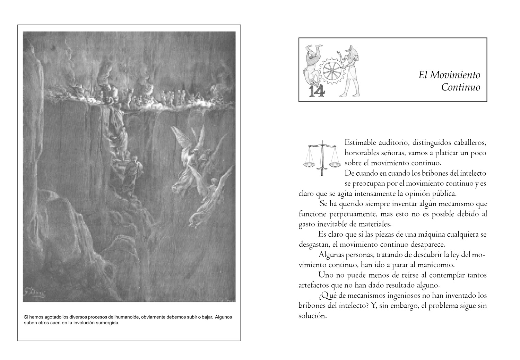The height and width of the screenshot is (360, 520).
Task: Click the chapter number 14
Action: (x=316, y=91)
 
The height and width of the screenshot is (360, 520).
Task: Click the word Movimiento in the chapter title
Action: (x=455, y=75)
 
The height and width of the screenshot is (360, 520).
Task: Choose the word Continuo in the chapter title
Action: (x=461, y=87)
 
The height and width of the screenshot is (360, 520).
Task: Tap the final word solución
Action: (x=312, y=316)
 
